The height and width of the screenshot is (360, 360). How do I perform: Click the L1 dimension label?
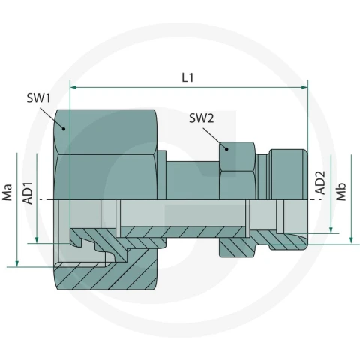pyautogui.click(x=187, y=77)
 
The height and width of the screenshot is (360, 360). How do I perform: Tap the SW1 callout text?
pyautogui.click(x=38, y=97)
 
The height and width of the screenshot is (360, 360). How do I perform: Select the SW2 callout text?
pyautogui.click(x=202, y=118)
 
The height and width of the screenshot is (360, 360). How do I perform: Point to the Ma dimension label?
pyautogui.click(x=7, y=193)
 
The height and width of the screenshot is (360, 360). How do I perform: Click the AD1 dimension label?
pyautogui.click(x=28, y=193)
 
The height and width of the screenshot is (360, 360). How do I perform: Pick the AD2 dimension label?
pyautogui.click(x=320, y=183)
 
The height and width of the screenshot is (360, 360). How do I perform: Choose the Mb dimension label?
pyautogui.click(x=340, y=192)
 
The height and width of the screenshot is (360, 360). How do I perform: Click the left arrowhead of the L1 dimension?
pyautogui.click(x=73, y=87)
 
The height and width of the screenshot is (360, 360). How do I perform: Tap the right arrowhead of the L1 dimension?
pyautogui.click(x=304, y=87)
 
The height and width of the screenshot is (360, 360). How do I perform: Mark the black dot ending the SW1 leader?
pyautogui.click(x=64, y=129)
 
